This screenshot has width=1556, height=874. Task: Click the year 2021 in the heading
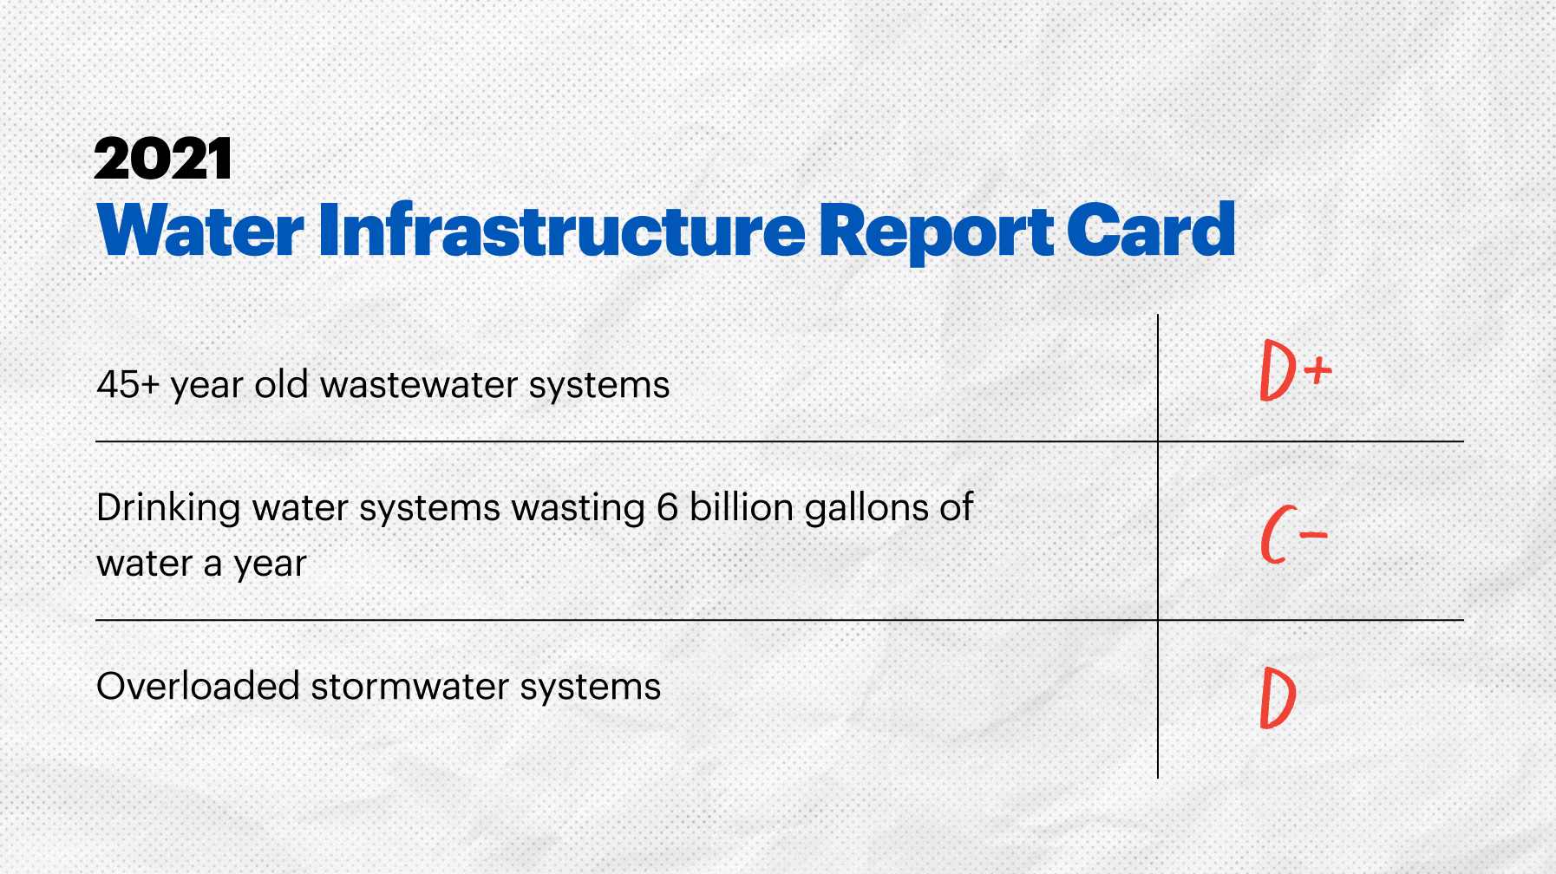pos(163,160)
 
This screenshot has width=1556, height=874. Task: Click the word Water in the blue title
pos(200,231)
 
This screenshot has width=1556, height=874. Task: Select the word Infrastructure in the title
pos(562,231)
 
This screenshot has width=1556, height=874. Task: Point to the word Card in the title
pos(1150,231)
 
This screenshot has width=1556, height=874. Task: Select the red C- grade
pos(1292,535)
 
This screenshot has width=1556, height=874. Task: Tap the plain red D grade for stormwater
pos(1278,698)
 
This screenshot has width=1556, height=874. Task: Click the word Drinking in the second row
pos(168,508)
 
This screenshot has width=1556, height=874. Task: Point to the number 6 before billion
pos(667,507)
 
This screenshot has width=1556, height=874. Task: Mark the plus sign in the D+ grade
pos(1317,371)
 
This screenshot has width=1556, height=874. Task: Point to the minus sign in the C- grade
pos(1314,535)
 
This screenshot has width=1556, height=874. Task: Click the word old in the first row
pos(281,384)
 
